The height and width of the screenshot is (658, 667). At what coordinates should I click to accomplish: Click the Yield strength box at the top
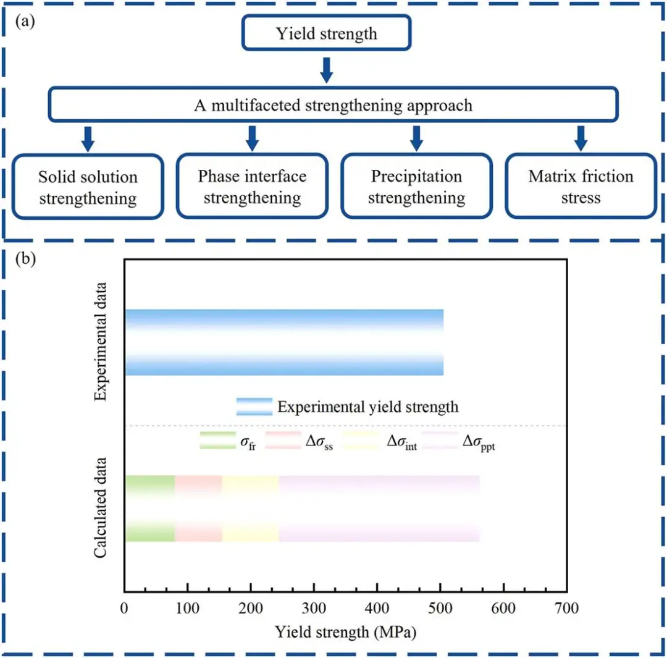pyautogui.click(x=326, y=33)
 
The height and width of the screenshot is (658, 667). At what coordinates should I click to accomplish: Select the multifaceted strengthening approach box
pyautogui.click(x=333, y=104)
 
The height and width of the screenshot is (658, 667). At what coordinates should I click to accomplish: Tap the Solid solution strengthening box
pyautogui.click(x=88, y=187)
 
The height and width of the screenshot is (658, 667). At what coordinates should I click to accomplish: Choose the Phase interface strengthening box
pyautogui.click(x=252, y=187)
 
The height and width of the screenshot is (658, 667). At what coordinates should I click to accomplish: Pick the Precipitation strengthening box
pyautogui.click(x=416, y=187)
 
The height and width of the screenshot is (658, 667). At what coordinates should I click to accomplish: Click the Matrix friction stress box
pyautogui.click(x=581, y=187)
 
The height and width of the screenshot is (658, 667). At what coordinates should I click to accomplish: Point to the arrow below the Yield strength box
pyautogui.click(x=327, y=70)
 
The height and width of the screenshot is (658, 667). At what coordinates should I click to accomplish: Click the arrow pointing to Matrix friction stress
pyautogui.click(x=581, y=138)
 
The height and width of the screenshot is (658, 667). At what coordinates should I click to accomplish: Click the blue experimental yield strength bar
pyautogui.click(x=284, y=342)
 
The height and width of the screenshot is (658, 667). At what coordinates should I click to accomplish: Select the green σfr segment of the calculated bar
pyautogui.click(x=149, y=508)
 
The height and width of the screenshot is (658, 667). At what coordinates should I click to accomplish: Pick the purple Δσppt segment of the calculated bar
pyautogui.click(x=379, y=508)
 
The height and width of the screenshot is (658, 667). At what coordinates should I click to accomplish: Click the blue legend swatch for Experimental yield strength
pyautogui.click(x=254, y=407)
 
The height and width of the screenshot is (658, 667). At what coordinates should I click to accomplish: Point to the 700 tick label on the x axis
pyautogui.click(x=566, y=609)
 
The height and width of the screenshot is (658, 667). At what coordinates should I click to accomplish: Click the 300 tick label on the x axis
pyautogui.click(x=314, y=609)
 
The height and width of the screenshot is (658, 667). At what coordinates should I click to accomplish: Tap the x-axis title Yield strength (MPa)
pyautogui.click(x=345, y=632)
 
